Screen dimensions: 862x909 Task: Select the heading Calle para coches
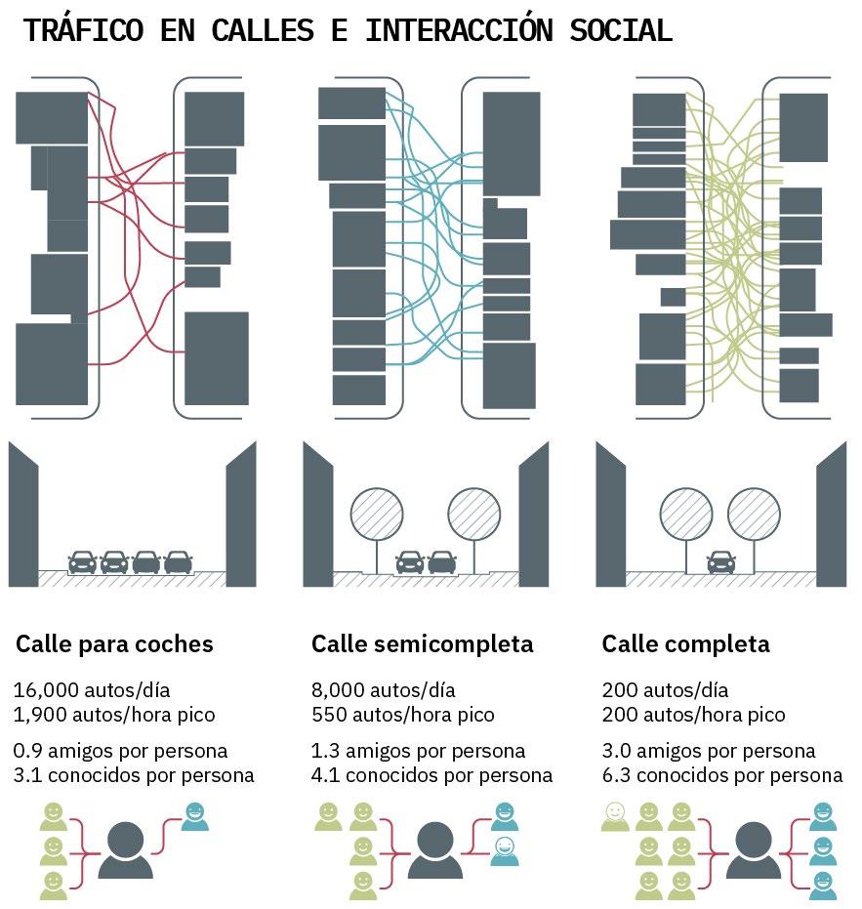point(114,644)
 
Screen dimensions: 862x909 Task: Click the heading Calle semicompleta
point(422,644)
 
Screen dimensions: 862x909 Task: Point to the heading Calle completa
point(685,644)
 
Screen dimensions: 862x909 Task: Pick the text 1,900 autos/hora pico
point(114,715)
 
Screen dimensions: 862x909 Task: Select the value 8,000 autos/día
point(383,690)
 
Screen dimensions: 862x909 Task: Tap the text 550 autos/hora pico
point(402,715)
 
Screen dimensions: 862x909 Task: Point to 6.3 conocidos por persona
point(721,775)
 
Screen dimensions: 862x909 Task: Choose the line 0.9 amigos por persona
point(120,752)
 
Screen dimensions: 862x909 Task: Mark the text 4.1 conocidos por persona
point(431,775)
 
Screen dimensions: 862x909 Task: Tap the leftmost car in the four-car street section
point(82,561)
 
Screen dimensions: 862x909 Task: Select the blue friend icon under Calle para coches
point(194,816)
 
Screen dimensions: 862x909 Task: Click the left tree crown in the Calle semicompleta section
point(377,514)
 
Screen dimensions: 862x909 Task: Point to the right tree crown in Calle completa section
point(754,514)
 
